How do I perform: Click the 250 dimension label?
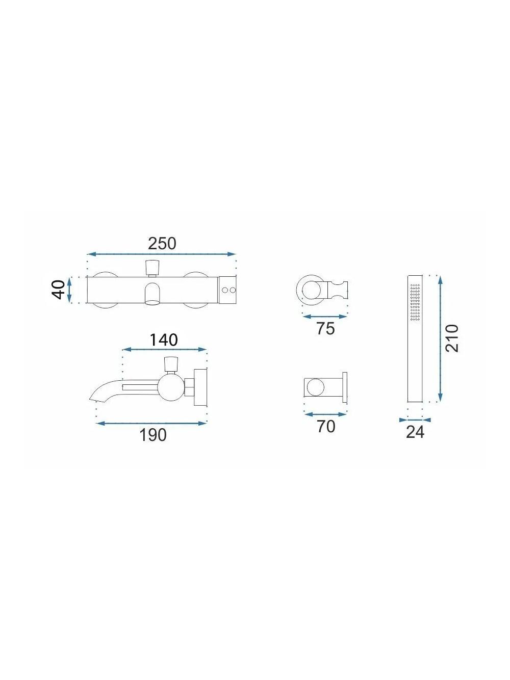coord(162,244)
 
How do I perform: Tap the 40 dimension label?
coord(59,290)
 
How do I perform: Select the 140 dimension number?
coord(164,340)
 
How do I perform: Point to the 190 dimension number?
coord(153,435)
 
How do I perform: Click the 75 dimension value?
coord(325,329)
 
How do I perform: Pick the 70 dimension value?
coord(326,426)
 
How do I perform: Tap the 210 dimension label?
coord(452,338)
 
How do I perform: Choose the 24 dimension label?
coord(415,432)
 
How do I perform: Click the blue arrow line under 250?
coord(162,254)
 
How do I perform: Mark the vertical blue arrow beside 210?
coord(441,338)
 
